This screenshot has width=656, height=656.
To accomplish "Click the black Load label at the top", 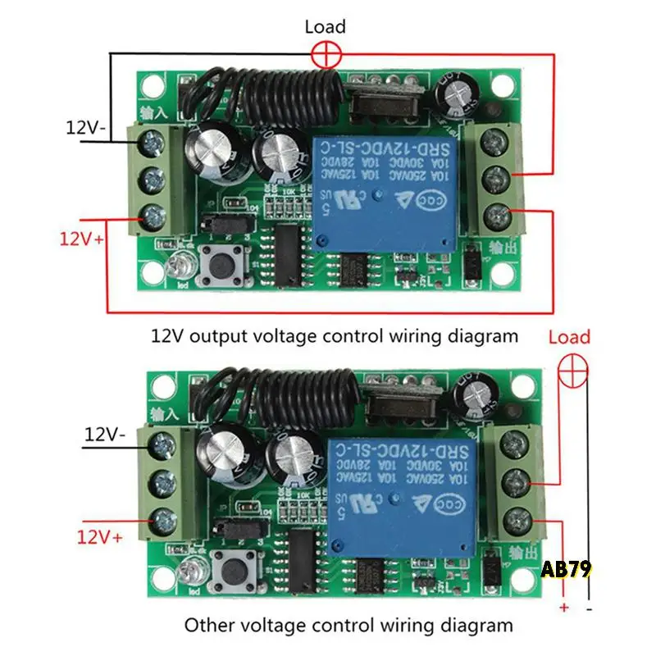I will tap(326, 27).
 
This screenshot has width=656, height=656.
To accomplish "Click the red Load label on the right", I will tap(569, 337).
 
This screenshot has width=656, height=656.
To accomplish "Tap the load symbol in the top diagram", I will tap(326, 56).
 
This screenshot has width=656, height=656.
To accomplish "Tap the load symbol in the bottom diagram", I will tap(572, 373).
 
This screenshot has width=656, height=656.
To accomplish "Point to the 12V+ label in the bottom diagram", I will tap(101, 537).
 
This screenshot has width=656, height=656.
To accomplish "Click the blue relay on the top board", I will tap(382, 192).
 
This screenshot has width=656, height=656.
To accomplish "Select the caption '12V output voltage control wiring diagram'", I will tap(335, 335).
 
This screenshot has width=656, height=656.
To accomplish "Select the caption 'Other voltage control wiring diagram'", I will tap(348, 626).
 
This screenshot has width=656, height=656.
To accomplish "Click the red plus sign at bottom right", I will tap(563, 608).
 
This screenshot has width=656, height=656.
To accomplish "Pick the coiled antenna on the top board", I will tap(271, 94).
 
